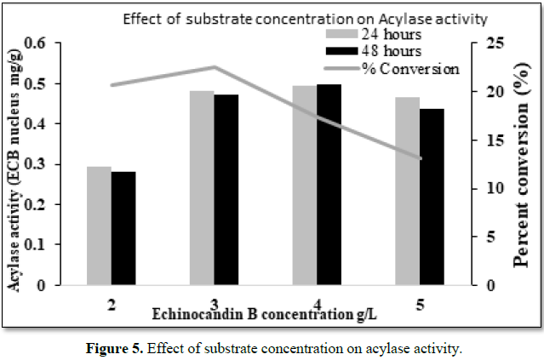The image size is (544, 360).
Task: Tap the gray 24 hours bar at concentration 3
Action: pyautogui.click(x=202, y=187)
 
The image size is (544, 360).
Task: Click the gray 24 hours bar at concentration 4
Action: pyautogui.click(x=304, y=185)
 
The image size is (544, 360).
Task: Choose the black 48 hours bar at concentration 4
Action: pyautogui.click(x=328, y=184)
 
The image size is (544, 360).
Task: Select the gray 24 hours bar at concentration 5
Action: pyautogui.click(x=408, y=191)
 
